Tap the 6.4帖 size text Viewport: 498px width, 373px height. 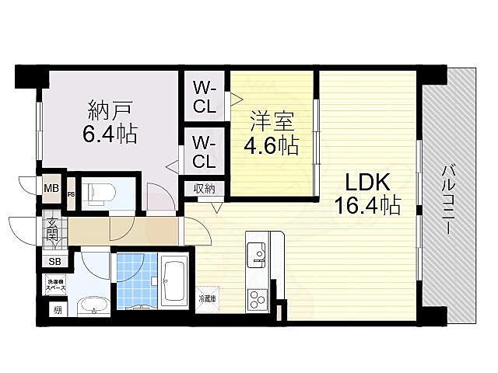(110, 134)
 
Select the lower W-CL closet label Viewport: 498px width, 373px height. (205, 153)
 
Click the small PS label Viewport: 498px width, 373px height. (71, 194)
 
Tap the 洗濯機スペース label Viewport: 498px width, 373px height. (56, 284)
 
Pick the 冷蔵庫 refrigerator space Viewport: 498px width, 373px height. (207, 298)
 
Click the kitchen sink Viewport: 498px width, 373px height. (256, 253)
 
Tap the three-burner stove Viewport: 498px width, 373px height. (257, 297)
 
